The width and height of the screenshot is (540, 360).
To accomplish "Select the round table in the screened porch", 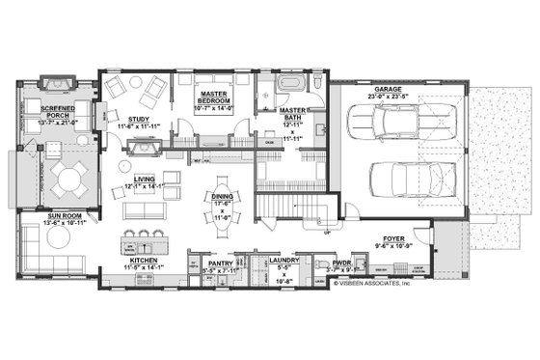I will click(x=69, y=178).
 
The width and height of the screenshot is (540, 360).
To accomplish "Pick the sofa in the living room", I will click(x=145, y=211).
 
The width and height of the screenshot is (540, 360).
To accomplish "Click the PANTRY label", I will click(x=221, y=261).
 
